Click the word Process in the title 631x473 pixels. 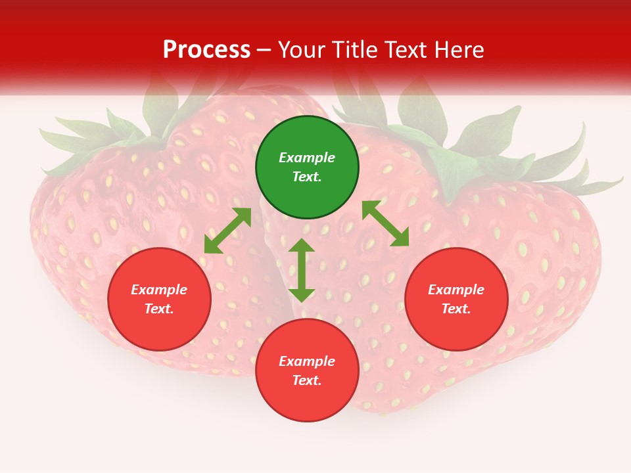click(x=206, y=50)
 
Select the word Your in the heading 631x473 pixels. click(x=304, y=50)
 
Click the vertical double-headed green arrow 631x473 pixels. click(x=302, y=270)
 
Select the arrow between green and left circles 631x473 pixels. click(x=227, y=231)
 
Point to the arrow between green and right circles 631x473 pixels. click(x=385, y=223)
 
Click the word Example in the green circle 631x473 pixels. click(x=307, y=158)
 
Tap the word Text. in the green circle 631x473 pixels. click(x=307, y=177)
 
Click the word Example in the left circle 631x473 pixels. click(x=159, y=290)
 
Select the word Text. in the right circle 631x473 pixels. click(x=456, y=309)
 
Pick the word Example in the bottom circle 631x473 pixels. click(x=307, y=361)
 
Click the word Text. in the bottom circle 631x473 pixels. click(x=307, y=380)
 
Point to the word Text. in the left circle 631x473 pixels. click(x=159, y=309)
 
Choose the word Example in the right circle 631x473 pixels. click(x=456, y=290)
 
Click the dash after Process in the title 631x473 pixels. click(x=264, y=51)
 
